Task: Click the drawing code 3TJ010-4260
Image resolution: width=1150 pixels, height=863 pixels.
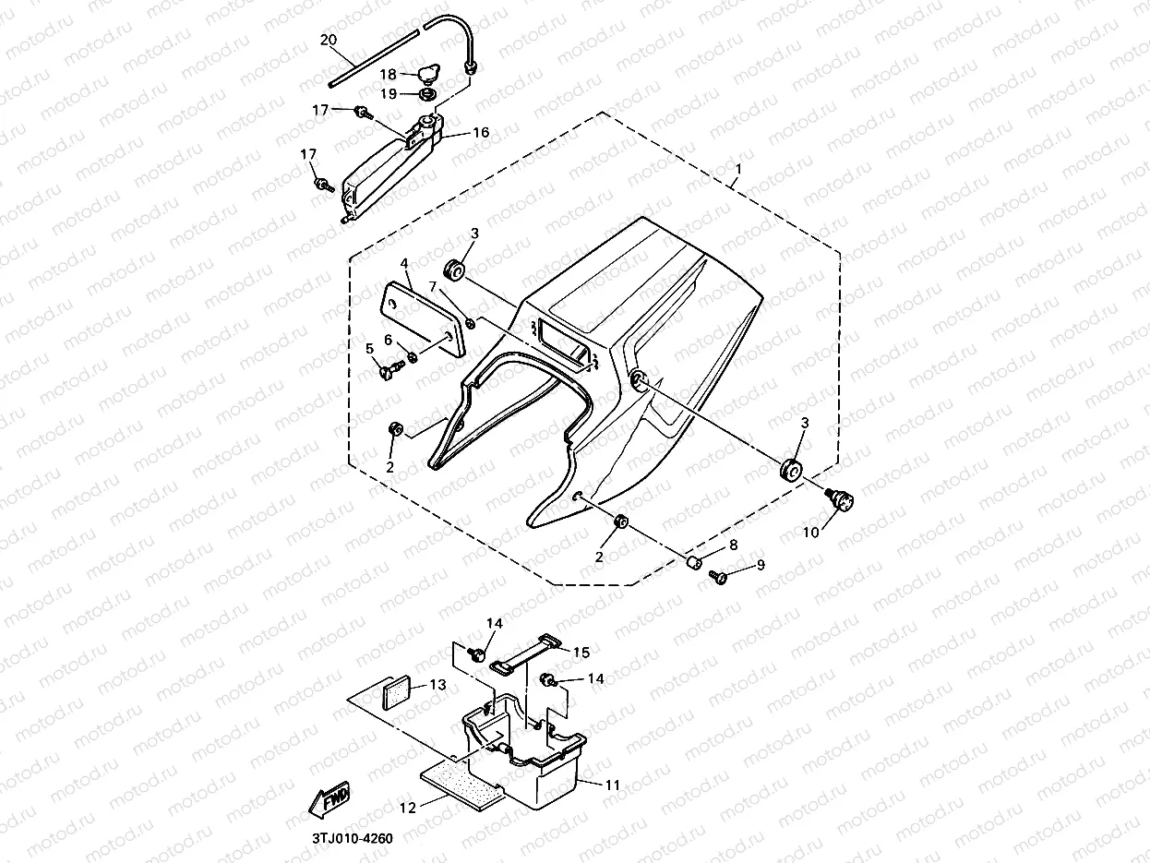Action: point(352,838)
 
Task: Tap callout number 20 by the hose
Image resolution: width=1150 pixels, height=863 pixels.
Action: point(329,40)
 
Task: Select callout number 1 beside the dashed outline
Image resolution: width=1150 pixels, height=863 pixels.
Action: point(737,171)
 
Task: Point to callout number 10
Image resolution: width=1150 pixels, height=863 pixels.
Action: point(810,533)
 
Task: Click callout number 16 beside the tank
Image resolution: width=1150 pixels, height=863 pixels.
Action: point(481,133)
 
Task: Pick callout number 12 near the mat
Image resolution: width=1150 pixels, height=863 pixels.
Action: point(407,807)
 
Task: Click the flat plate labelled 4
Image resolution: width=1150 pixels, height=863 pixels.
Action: point(422,316)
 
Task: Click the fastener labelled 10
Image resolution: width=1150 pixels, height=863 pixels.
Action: point(842,501)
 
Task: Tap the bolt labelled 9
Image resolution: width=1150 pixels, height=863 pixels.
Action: point(717,577)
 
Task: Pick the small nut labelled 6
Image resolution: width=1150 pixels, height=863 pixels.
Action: point(413,356)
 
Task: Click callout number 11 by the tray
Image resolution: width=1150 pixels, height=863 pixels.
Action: point(613,785)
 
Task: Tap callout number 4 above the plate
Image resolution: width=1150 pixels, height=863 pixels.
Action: point(404,263)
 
